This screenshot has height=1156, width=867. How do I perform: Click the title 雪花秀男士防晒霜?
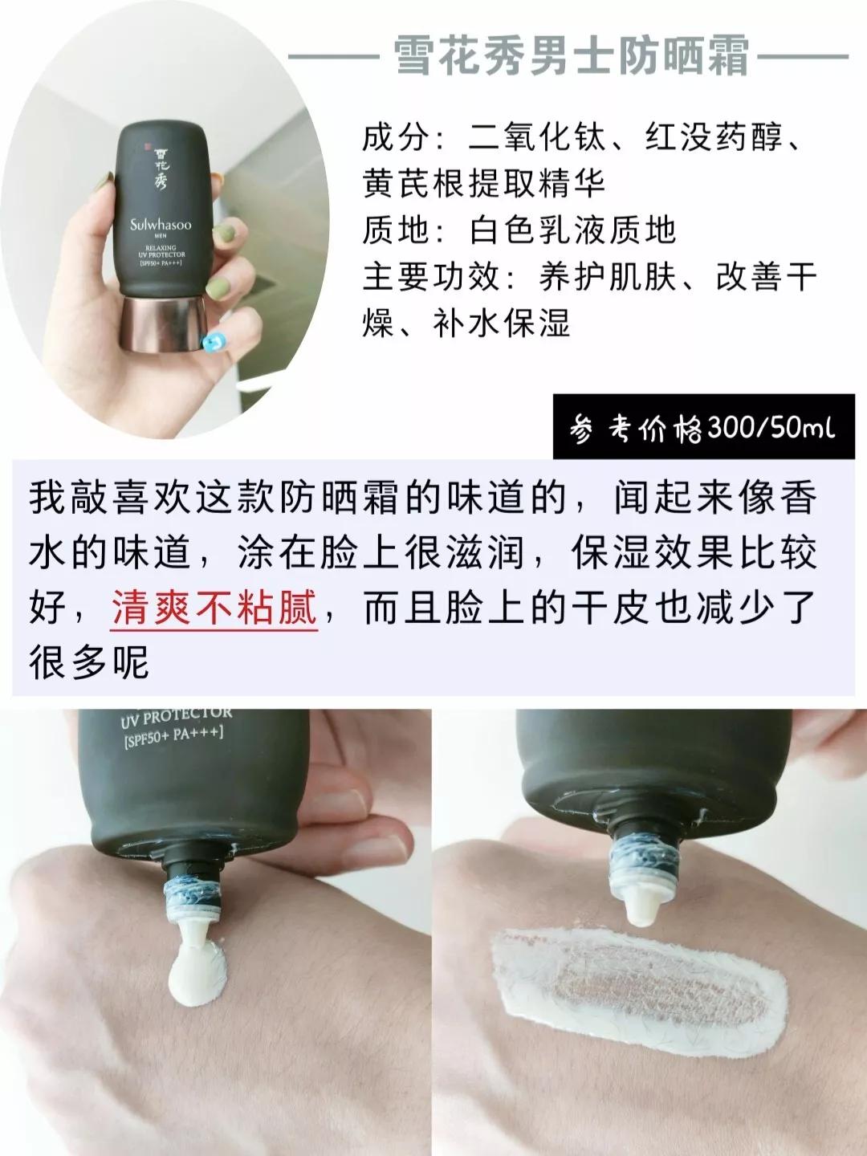click(x=572, y=57)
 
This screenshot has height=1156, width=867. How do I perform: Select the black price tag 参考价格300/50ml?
click(x=703, y=428)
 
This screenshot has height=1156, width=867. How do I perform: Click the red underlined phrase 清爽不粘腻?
click(x=214, y=609)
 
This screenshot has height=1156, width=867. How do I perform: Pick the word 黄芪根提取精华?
click(x=484, y=185)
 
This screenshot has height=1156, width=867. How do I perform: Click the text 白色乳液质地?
click(x=572, y=231)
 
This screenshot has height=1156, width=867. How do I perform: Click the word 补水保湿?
click(x=501, y=324)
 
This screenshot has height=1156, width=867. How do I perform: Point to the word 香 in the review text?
click(x=799, y=499)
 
